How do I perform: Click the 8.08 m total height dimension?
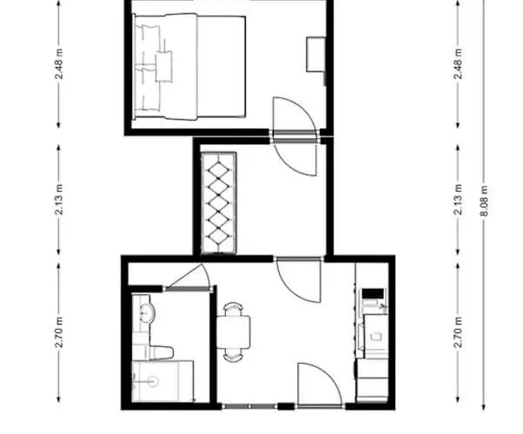tap(485, 201)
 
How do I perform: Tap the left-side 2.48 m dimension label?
tap(59, 64)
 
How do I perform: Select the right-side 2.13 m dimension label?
tap(459, 200)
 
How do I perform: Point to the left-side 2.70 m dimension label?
tap(59, 332)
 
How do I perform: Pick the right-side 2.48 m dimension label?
tap(459, 64)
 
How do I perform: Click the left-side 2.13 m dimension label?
tap(59, 200)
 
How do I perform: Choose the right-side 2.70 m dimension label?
tap(459, 332)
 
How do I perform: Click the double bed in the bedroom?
tap(189, 67)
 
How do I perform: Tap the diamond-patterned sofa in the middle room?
tap(219, 203)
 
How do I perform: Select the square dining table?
tap(234, 332)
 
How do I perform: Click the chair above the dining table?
tap(233, 309)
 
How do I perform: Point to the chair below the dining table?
tap(233, 355)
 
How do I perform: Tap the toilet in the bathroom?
tap(156, 352)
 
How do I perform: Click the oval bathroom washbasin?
tap(146, 312)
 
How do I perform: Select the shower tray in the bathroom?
tap(162, 381)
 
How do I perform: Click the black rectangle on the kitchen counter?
tap(373, 294)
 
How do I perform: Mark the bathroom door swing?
tap(189, 276)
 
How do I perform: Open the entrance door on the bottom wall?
tap(320, 385)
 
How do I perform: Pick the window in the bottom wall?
tap(249, 406)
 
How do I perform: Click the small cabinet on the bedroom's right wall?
tap(316, 55)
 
